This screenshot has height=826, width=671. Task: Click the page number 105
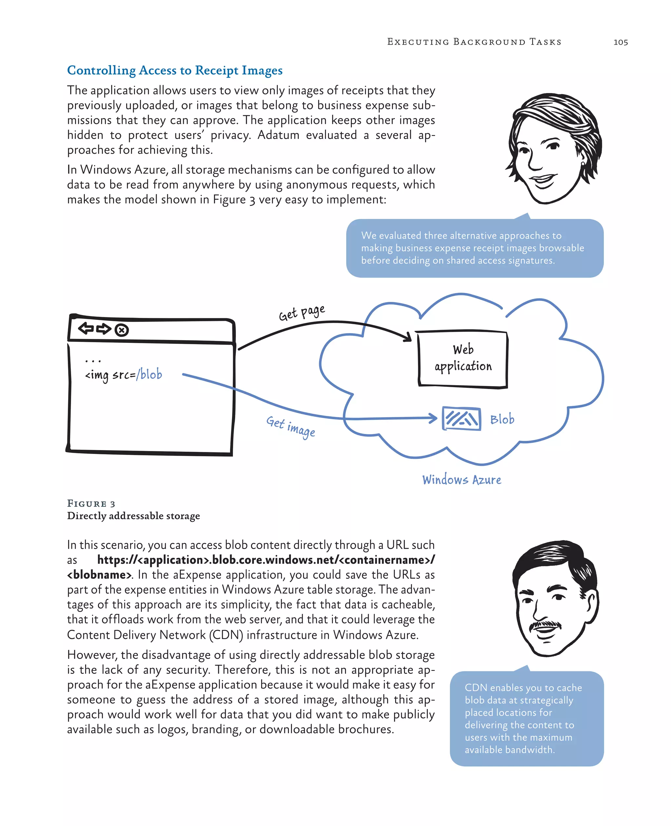[620, 42]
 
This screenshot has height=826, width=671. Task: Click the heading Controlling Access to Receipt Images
[175, 70]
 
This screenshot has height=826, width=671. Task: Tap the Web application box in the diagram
[463, 359]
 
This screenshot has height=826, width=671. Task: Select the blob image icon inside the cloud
[462, 419]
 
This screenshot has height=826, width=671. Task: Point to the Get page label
[301, 312]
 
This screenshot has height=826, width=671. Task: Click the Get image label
[291, 426]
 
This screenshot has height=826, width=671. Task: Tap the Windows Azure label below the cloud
[462, 480]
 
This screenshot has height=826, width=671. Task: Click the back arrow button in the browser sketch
[86, 328]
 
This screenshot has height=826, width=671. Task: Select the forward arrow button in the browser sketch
[104, 329]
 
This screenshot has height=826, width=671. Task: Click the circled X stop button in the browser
[122, 330]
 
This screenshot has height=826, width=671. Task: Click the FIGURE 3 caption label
[91, 503]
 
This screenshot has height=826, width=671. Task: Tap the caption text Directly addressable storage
[133, 516]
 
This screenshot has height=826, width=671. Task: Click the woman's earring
[583, 164]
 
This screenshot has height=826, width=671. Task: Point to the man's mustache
[545, 624]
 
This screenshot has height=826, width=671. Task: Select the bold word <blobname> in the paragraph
[99, 575]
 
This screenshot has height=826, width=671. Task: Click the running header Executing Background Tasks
[474, 42]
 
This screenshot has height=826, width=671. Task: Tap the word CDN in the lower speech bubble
[476, 688]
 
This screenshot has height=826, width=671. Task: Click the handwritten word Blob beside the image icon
[502, 419]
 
